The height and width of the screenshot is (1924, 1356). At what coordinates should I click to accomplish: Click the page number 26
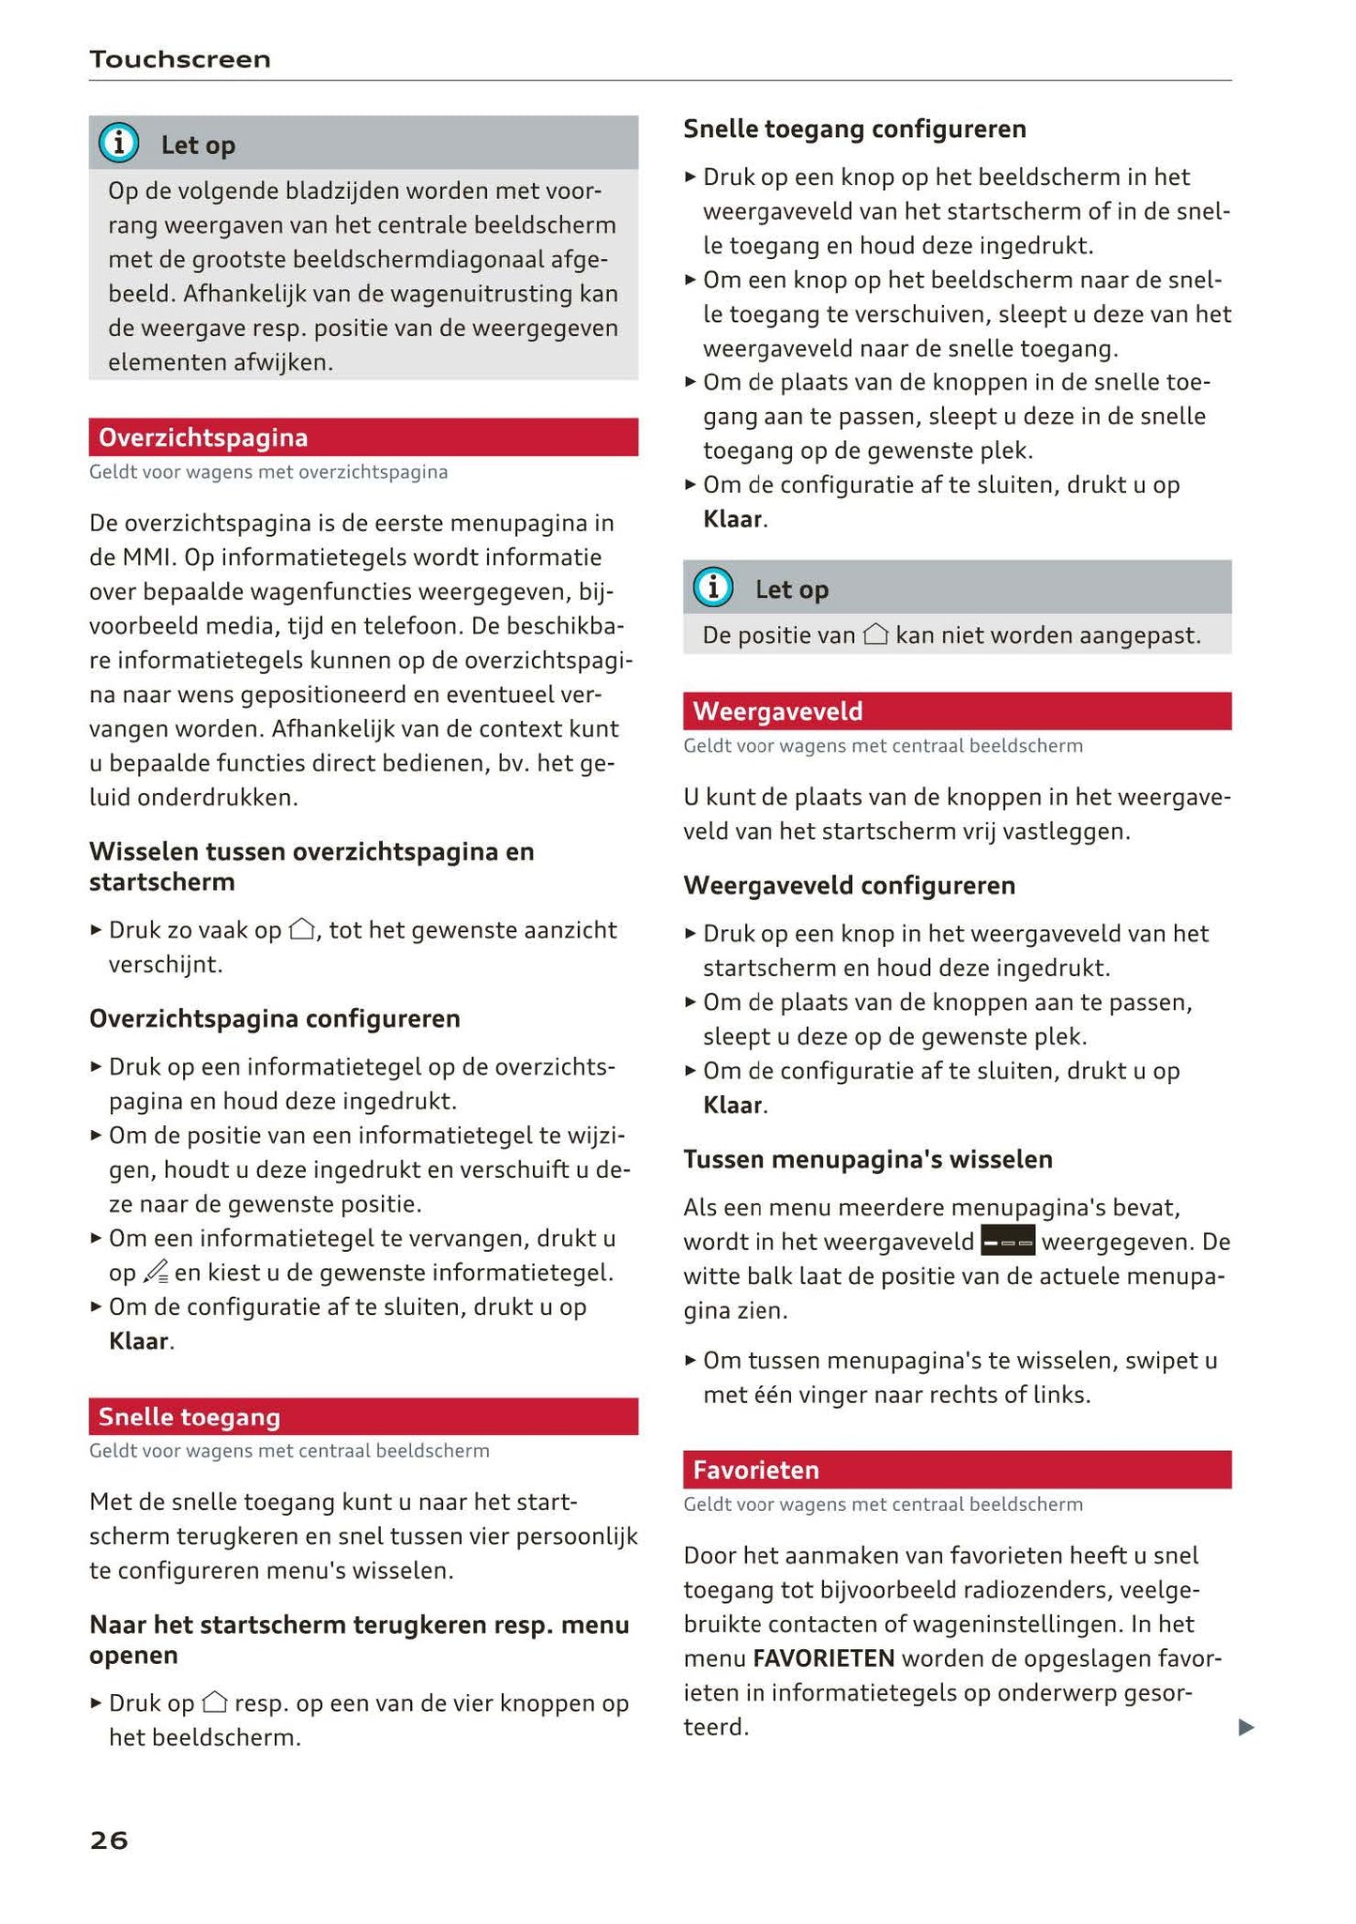[x=109, y=1840]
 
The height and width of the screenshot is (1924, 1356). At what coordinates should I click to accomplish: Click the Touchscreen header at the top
[x=180, y=60]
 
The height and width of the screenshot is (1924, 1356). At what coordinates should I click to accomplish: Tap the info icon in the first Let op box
[x=119, y=144]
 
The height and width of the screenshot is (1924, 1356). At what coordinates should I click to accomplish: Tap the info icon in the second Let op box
[x=713, y=588]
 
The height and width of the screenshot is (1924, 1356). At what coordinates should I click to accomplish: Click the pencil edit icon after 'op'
[x=156, y=1273]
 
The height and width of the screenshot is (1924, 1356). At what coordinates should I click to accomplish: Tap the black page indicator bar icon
[x=1007, y=1242]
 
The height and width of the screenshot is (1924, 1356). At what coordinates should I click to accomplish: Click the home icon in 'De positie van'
[x=875, y=635]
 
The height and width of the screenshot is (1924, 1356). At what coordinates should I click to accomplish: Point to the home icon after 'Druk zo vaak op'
[x=301, y=930]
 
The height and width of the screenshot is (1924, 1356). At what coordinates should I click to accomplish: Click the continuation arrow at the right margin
[x=1245, y=1727]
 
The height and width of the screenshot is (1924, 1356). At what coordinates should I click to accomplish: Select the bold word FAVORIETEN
[x=823, y=1658]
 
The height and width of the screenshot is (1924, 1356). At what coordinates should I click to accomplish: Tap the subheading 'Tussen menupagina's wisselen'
[x=867, y=1159]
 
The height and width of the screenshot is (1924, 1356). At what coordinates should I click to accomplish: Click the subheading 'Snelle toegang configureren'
[x=854, y=129]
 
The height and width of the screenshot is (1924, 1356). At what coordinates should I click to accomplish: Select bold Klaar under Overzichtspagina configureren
[x=139, y=1341]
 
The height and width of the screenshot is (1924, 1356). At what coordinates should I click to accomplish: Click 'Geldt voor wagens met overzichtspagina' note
[x=268, y=472]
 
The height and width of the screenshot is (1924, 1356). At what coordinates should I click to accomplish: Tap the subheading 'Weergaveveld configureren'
[x=848, y=885]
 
